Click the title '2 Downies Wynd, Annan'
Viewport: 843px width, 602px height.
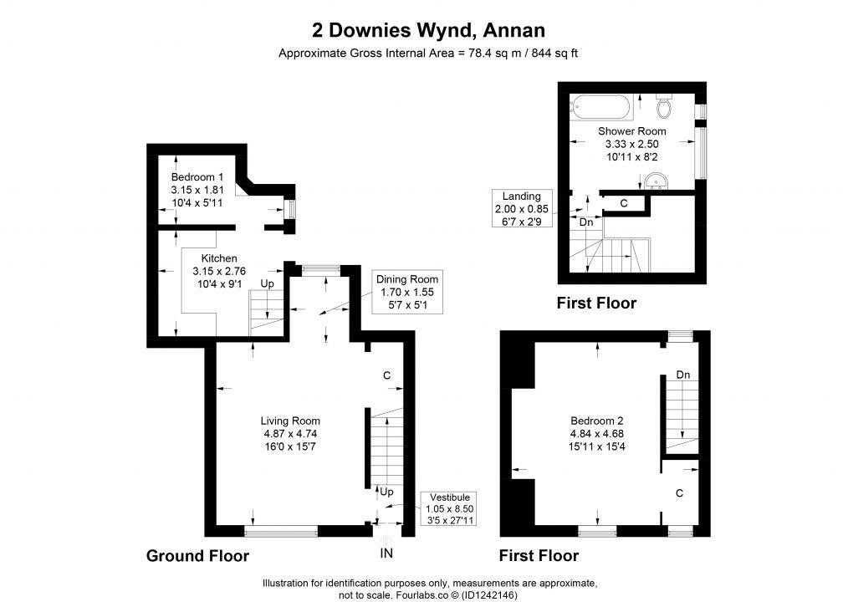[428, 31]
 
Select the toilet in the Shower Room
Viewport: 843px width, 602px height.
[665, 106]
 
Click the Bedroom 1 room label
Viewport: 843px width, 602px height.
[197, 189]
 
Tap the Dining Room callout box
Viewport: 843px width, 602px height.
[406, 293]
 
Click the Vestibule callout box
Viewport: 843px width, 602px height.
[450, 508]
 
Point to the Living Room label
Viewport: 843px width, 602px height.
[290, 433]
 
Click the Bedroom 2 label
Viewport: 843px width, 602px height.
[597, 433]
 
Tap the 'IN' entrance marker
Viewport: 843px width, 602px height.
[386, 554]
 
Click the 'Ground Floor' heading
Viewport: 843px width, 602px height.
[197, 555]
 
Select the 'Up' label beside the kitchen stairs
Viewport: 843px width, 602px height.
[268, 284]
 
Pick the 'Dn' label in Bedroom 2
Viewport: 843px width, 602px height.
[682, 375]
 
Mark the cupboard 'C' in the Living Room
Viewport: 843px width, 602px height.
[386, 376]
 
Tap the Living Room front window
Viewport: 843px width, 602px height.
[281, 530]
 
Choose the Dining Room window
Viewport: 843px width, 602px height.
[320, 268]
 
